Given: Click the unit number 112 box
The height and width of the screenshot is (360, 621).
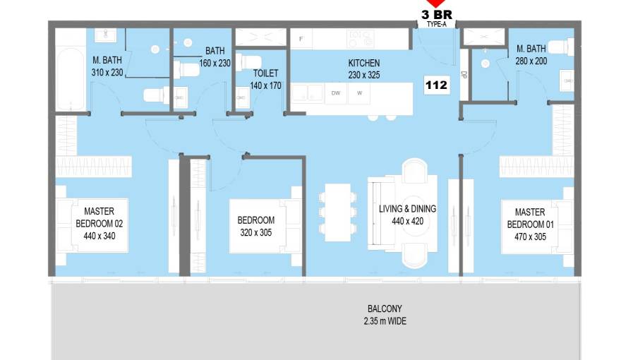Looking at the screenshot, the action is point(436,85).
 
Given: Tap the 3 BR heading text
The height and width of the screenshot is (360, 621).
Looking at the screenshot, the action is point(436,15).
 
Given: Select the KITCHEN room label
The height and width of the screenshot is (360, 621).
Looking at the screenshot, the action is point(364,63).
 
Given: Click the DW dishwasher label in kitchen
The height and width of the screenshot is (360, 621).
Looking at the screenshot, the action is point(336,93).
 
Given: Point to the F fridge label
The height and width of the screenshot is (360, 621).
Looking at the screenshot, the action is point(301,39).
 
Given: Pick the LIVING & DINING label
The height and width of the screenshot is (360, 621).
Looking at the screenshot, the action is point(408,209).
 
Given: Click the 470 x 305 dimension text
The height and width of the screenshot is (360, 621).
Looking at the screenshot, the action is point(530,237).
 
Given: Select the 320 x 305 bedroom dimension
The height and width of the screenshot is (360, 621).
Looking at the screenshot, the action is point(256,232).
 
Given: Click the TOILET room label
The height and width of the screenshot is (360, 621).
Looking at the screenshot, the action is point(266,73).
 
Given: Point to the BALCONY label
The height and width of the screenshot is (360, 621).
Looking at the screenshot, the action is point(385,308).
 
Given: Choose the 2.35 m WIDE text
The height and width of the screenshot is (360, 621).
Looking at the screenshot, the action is point(385,321).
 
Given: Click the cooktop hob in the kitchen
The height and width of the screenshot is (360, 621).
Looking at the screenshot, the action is point(360,39).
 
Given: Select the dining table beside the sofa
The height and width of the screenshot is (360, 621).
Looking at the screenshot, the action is point(337,212).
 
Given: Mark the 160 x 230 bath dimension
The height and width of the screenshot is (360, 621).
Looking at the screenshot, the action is point(215,64).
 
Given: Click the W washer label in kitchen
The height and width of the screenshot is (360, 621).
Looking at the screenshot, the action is point(360,93).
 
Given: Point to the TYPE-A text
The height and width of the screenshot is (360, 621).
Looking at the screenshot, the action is point(436,25).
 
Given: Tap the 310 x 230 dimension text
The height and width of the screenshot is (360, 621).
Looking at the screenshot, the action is point(107,73).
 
